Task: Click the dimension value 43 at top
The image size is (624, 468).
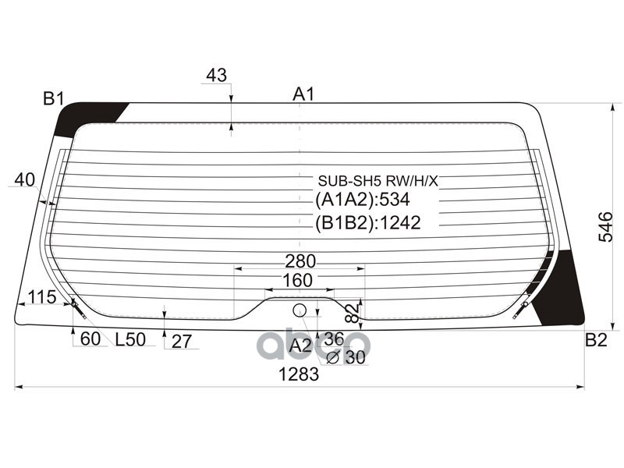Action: (216, 76)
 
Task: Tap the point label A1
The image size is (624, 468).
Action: (303, 94)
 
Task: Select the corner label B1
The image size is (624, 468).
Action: (53, 99)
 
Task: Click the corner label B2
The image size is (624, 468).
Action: (596, 339)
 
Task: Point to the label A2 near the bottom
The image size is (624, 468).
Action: (300, 345)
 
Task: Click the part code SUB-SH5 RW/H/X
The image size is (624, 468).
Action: (377, 181)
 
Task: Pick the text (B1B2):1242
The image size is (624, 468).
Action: (367, 223)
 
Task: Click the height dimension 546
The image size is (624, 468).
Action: (605, 226)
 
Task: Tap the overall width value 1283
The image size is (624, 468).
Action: (300, 374)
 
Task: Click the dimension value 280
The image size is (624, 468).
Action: (300, 261)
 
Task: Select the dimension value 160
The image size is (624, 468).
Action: (297, 280)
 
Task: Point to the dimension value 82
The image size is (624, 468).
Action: (352, 313)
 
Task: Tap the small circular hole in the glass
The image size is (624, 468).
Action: (300, 310)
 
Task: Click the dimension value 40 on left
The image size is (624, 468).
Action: (24, 179)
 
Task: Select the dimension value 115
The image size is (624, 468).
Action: (41, 296)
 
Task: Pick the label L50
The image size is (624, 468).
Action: (130, 340)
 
